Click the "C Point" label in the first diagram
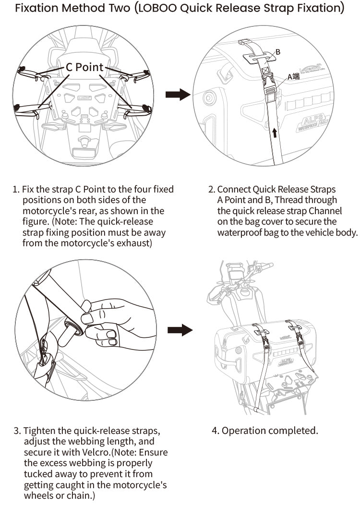[x=84, y=67]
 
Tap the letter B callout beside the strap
[x=278, y=52]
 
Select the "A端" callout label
[x=293, y=76]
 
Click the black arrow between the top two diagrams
[x=178, y=95]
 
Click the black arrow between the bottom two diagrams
[x=180, y=330]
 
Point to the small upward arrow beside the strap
[x=274, y=132]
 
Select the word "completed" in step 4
[x=293, y=431]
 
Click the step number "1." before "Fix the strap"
[x=16, y=190]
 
